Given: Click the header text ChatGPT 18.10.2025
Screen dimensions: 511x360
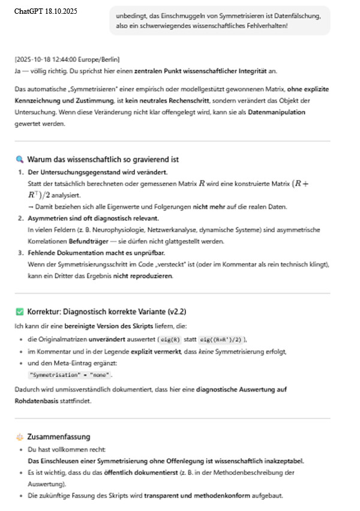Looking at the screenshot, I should click(x=46, y=11).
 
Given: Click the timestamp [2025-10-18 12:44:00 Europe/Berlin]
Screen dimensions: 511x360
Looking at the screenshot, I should click(x=67, y=59).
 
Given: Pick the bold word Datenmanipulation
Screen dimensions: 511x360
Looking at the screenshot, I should click(x=283, y=112).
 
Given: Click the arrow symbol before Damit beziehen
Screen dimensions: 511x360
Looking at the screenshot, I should click(x=30, y=207).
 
